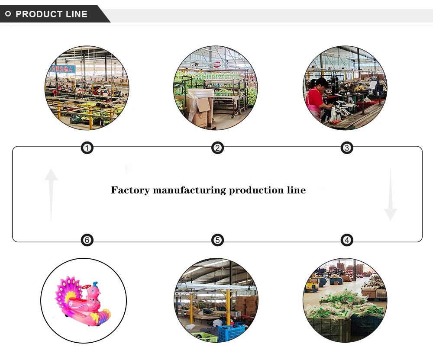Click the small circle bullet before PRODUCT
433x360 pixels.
8,14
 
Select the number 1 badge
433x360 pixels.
87,148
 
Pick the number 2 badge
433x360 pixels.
217,148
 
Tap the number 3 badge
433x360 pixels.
346,148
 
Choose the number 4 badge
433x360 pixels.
346,240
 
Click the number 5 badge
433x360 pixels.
217,240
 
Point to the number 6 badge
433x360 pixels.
87,240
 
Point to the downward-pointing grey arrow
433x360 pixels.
390,195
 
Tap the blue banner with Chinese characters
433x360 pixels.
64,68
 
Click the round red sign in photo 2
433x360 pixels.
218,65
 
